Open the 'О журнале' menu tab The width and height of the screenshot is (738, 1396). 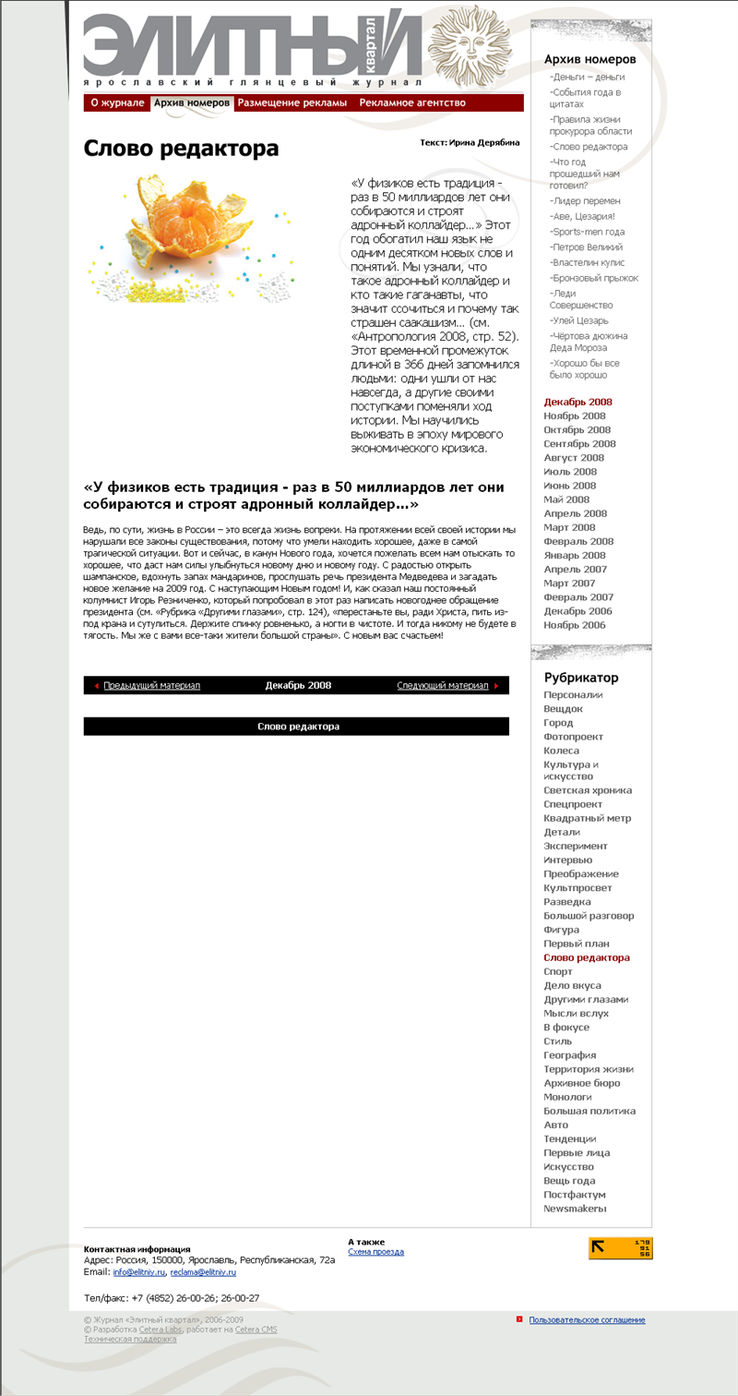click(117, 102)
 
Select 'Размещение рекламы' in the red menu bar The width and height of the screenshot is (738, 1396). click(292, 102)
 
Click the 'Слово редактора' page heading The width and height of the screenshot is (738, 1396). click(181, 149)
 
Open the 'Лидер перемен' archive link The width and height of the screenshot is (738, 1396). click(585, 200)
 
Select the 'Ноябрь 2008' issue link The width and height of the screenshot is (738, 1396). click(574, 415)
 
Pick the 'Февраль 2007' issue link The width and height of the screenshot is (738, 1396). click(578, 597)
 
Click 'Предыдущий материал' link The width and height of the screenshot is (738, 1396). click(151, 685)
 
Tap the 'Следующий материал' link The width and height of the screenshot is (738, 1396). click(443, 685)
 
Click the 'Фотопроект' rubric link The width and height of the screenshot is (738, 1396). click(573, 737)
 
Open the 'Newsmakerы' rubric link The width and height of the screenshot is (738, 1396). click(575, 1208)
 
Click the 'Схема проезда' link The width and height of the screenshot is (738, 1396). click(375, 1252)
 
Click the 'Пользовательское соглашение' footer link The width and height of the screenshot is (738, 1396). click(587, 1320)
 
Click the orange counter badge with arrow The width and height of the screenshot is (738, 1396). click(621, 1248)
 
